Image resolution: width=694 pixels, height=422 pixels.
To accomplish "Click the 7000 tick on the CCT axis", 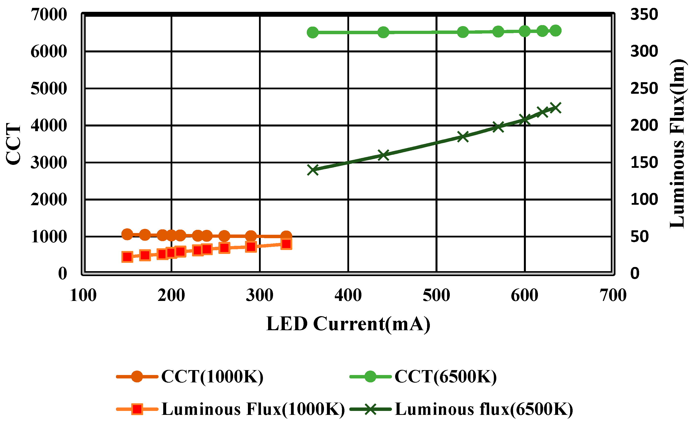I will pos(49,14).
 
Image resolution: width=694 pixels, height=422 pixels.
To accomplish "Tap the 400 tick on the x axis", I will pos(348,295).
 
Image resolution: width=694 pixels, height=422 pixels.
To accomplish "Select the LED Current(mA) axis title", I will pos(348,324).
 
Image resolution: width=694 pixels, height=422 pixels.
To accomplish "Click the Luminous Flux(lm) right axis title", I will pos(677,143).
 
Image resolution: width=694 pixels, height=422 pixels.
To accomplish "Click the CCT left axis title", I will pos(13,143).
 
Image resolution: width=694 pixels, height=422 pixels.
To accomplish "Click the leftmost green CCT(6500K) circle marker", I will pos(313,33).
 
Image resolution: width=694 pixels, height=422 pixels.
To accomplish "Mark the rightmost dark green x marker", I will pos(555,108).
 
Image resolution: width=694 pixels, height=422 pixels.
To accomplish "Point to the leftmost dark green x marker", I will pos(313,170).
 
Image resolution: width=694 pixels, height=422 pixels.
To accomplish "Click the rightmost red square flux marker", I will pos(287,244).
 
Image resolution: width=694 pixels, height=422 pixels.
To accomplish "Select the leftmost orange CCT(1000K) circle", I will pos(127,234).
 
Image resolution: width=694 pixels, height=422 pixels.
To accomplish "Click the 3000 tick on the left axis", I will pos(49,162).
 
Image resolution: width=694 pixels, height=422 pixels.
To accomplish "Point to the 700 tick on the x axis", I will pos(613,295).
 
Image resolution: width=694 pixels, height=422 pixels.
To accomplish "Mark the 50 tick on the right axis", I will pos(639,236).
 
